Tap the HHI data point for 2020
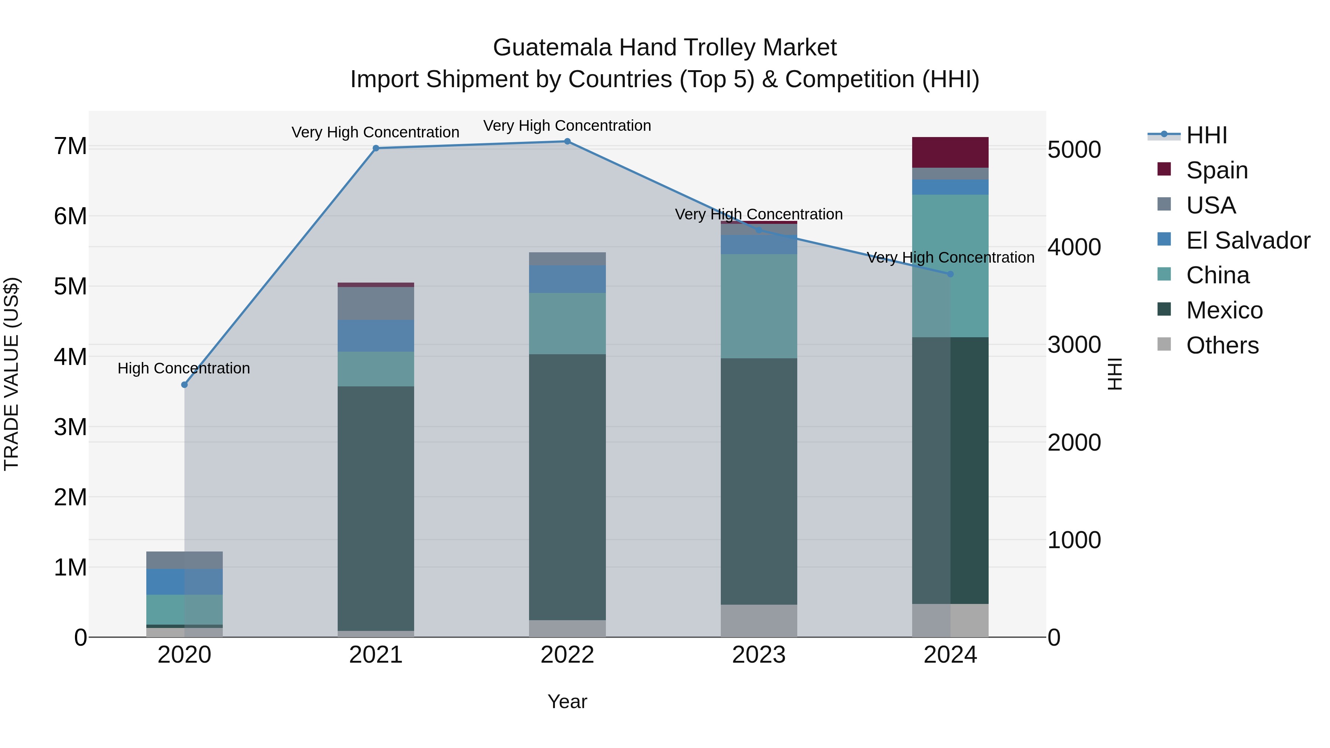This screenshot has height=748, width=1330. coord(184,385)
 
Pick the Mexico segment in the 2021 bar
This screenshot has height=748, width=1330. coord(376,509)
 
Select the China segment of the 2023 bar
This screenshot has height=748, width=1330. coord(758,306)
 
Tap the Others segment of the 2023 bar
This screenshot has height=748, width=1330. coord(758,621)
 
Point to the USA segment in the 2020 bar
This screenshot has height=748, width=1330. coord(184,560)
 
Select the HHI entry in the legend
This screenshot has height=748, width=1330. coord(1206,135)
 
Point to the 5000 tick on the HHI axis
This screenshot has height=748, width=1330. coord(1074,150)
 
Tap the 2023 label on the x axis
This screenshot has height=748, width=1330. coord(758,655)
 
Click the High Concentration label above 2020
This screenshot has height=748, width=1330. coord(184,369)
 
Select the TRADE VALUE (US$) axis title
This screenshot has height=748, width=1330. coord(11,374)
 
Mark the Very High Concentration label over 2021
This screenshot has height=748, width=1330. coord(375,133)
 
